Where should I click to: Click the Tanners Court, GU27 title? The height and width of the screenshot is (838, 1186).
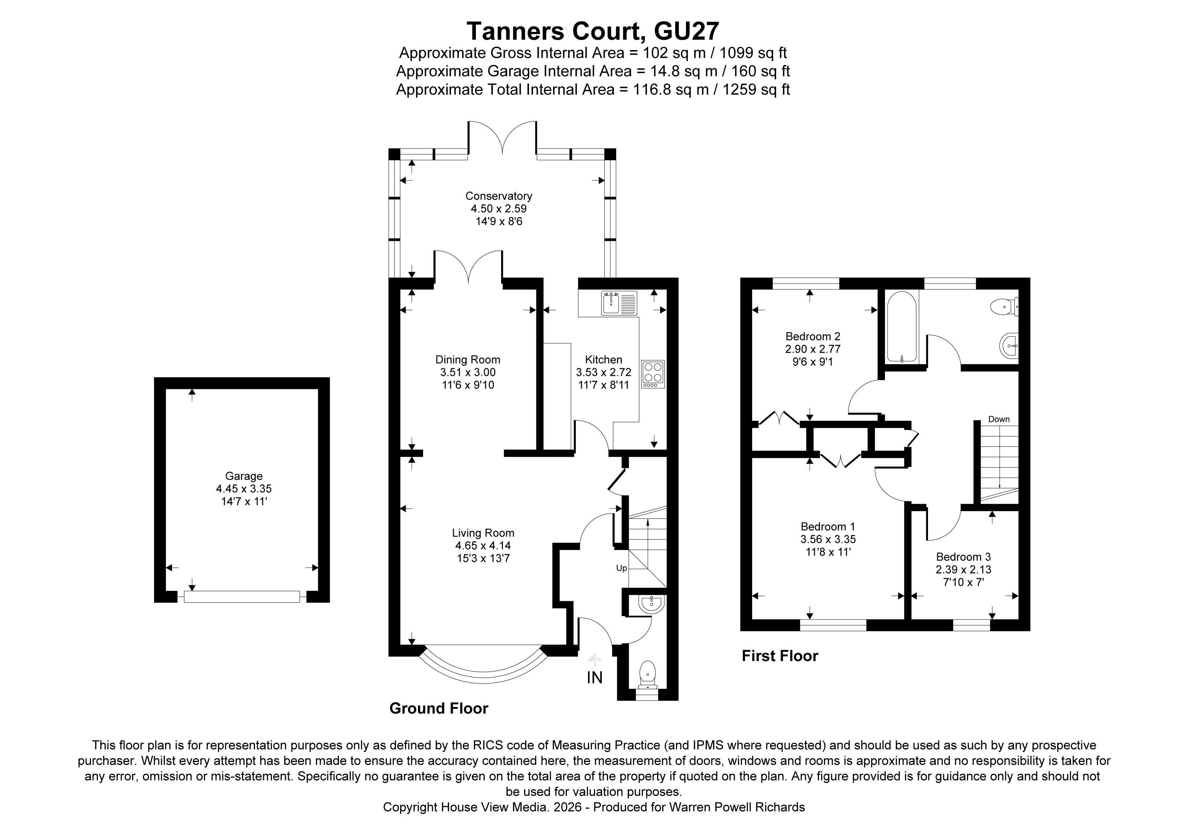[592, 32]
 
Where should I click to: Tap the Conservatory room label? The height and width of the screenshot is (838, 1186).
[499, 196]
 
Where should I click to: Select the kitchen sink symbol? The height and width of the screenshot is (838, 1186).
[619, 304]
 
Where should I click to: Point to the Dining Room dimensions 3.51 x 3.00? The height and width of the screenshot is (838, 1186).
[467, 372]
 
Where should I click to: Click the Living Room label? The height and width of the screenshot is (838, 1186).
[483, 533]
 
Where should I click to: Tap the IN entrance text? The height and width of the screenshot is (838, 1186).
[595, 677]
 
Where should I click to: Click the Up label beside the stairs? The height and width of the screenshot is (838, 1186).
[621, 568]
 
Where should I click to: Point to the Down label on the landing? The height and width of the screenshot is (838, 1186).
[999, 419]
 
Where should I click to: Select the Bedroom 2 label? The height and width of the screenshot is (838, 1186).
[813, 336]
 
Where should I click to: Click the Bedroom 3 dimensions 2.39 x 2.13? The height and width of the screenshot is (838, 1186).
[963, 570]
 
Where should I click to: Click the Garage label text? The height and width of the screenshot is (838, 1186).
[244, 476]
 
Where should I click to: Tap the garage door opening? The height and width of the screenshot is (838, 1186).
[242, 596]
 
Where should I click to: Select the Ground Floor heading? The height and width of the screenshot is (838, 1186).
[438, 708]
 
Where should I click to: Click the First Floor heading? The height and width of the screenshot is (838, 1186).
[780, 656]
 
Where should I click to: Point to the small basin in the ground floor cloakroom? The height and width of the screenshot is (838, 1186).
[651, 605]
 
